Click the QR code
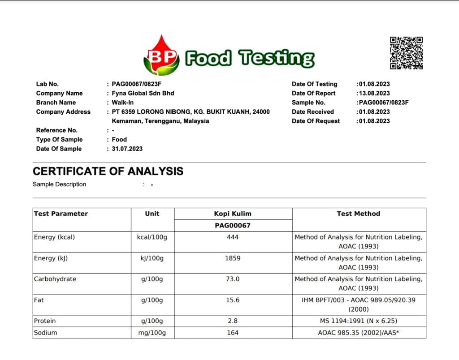coord(406,53)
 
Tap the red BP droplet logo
coord(161,56)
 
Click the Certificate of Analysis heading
coord(108,171)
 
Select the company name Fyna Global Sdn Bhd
coord(143,93)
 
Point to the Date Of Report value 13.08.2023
coord(374,93)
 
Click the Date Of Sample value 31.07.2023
coord(127,149)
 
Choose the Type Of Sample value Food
coord(119,139)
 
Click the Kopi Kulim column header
coord(233,214)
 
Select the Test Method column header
coord(358,214)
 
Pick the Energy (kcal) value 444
coord(233,237)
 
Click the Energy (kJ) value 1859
coord(233,258)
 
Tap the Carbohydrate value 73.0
coord(233,279)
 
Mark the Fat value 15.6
coord(233,300)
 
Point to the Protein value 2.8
coord(233,321)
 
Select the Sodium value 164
coord(233,333)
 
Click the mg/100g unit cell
coord(152,333)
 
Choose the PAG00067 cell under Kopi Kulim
coord(233,225)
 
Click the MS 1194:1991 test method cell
coord(358,321)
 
